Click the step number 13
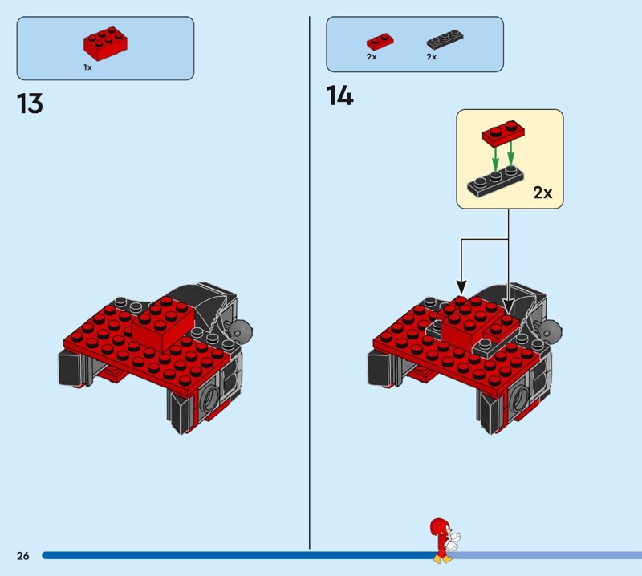click(x=30, y=104)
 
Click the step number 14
click(x=339, y=96)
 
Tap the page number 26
click(x=22, y=555)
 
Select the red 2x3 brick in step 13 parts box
click(x=105, y=43)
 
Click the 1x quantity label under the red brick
click(x=87, y=67)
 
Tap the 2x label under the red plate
click(x=372, y=57)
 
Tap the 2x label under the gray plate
click(x=432, y=57)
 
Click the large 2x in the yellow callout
click(x=542, y=193)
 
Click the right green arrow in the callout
click(x=511, y=152)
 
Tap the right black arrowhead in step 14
click(x=508, y=304)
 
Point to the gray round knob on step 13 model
click(x=241, y=328)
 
